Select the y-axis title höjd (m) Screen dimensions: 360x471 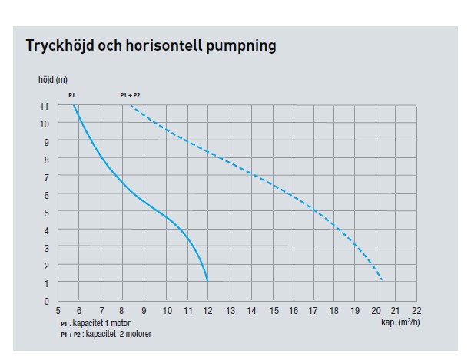(52, 80)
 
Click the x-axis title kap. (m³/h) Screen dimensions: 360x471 (400, 322)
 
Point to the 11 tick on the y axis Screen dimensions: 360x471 (45, 105)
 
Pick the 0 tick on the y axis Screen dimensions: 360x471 (46, 301)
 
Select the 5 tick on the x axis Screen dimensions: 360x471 (58, 312)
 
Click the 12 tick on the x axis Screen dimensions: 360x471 (207, 312)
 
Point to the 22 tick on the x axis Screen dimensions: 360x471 (416, 312)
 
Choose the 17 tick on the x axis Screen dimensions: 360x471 (313, 312)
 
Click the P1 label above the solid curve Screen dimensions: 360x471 (71, 95)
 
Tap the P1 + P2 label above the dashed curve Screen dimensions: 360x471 (131, 95)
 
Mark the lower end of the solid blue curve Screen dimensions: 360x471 (207, 282)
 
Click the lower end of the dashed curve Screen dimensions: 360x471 (382, 280)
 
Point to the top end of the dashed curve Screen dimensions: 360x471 (131, 107)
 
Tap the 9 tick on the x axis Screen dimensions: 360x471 (144, 312)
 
